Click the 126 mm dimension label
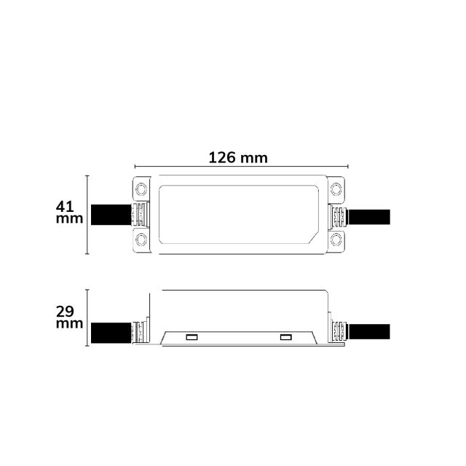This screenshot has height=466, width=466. pyautogui.click(x=238, y=157)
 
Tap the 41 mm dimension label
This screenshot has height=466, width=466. pyautogui.click(x=69, y=212)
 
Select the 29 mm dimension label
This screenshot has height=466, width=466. pyautogui.click(x=69, y=317)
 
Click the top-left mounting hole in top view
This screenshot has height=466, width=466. pyautogui.click(x=141, y=189)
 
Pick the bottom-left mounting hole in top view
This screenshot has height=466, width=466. pyautogui.click(x=141, y=240)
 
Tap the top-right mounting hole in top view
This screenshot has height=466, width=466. pyautogui.click(x=336, y=189)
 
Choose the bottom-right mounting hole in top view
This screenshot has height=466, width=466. pyautogui.click(x=336, y=240)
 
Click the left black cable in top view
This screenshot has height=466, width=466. pyautogui.click(x=111, y=215)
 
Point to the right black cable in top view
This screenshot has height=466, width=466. pyautogui.click(x=369, y=217)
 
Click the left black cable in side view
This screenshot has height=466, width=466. pyautogui.click(x=111, y=333)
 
